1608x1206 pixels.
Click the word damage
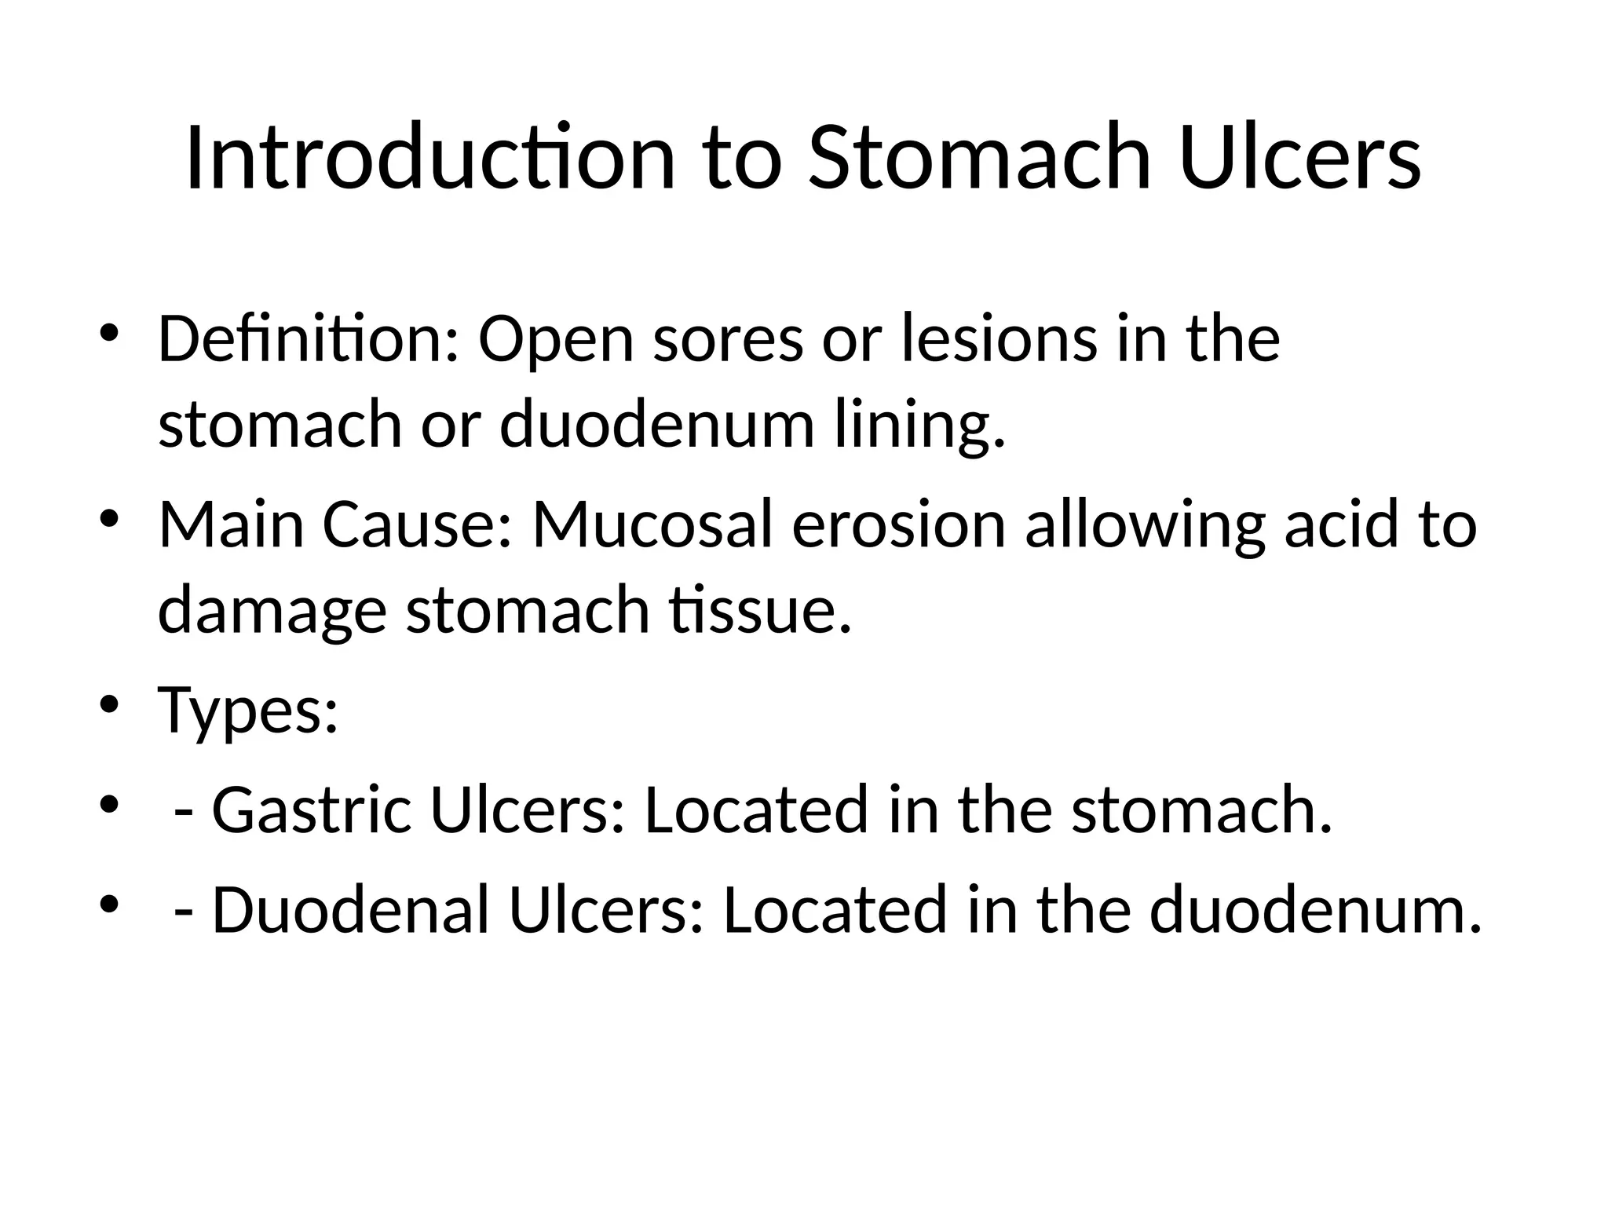[272, 610]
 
